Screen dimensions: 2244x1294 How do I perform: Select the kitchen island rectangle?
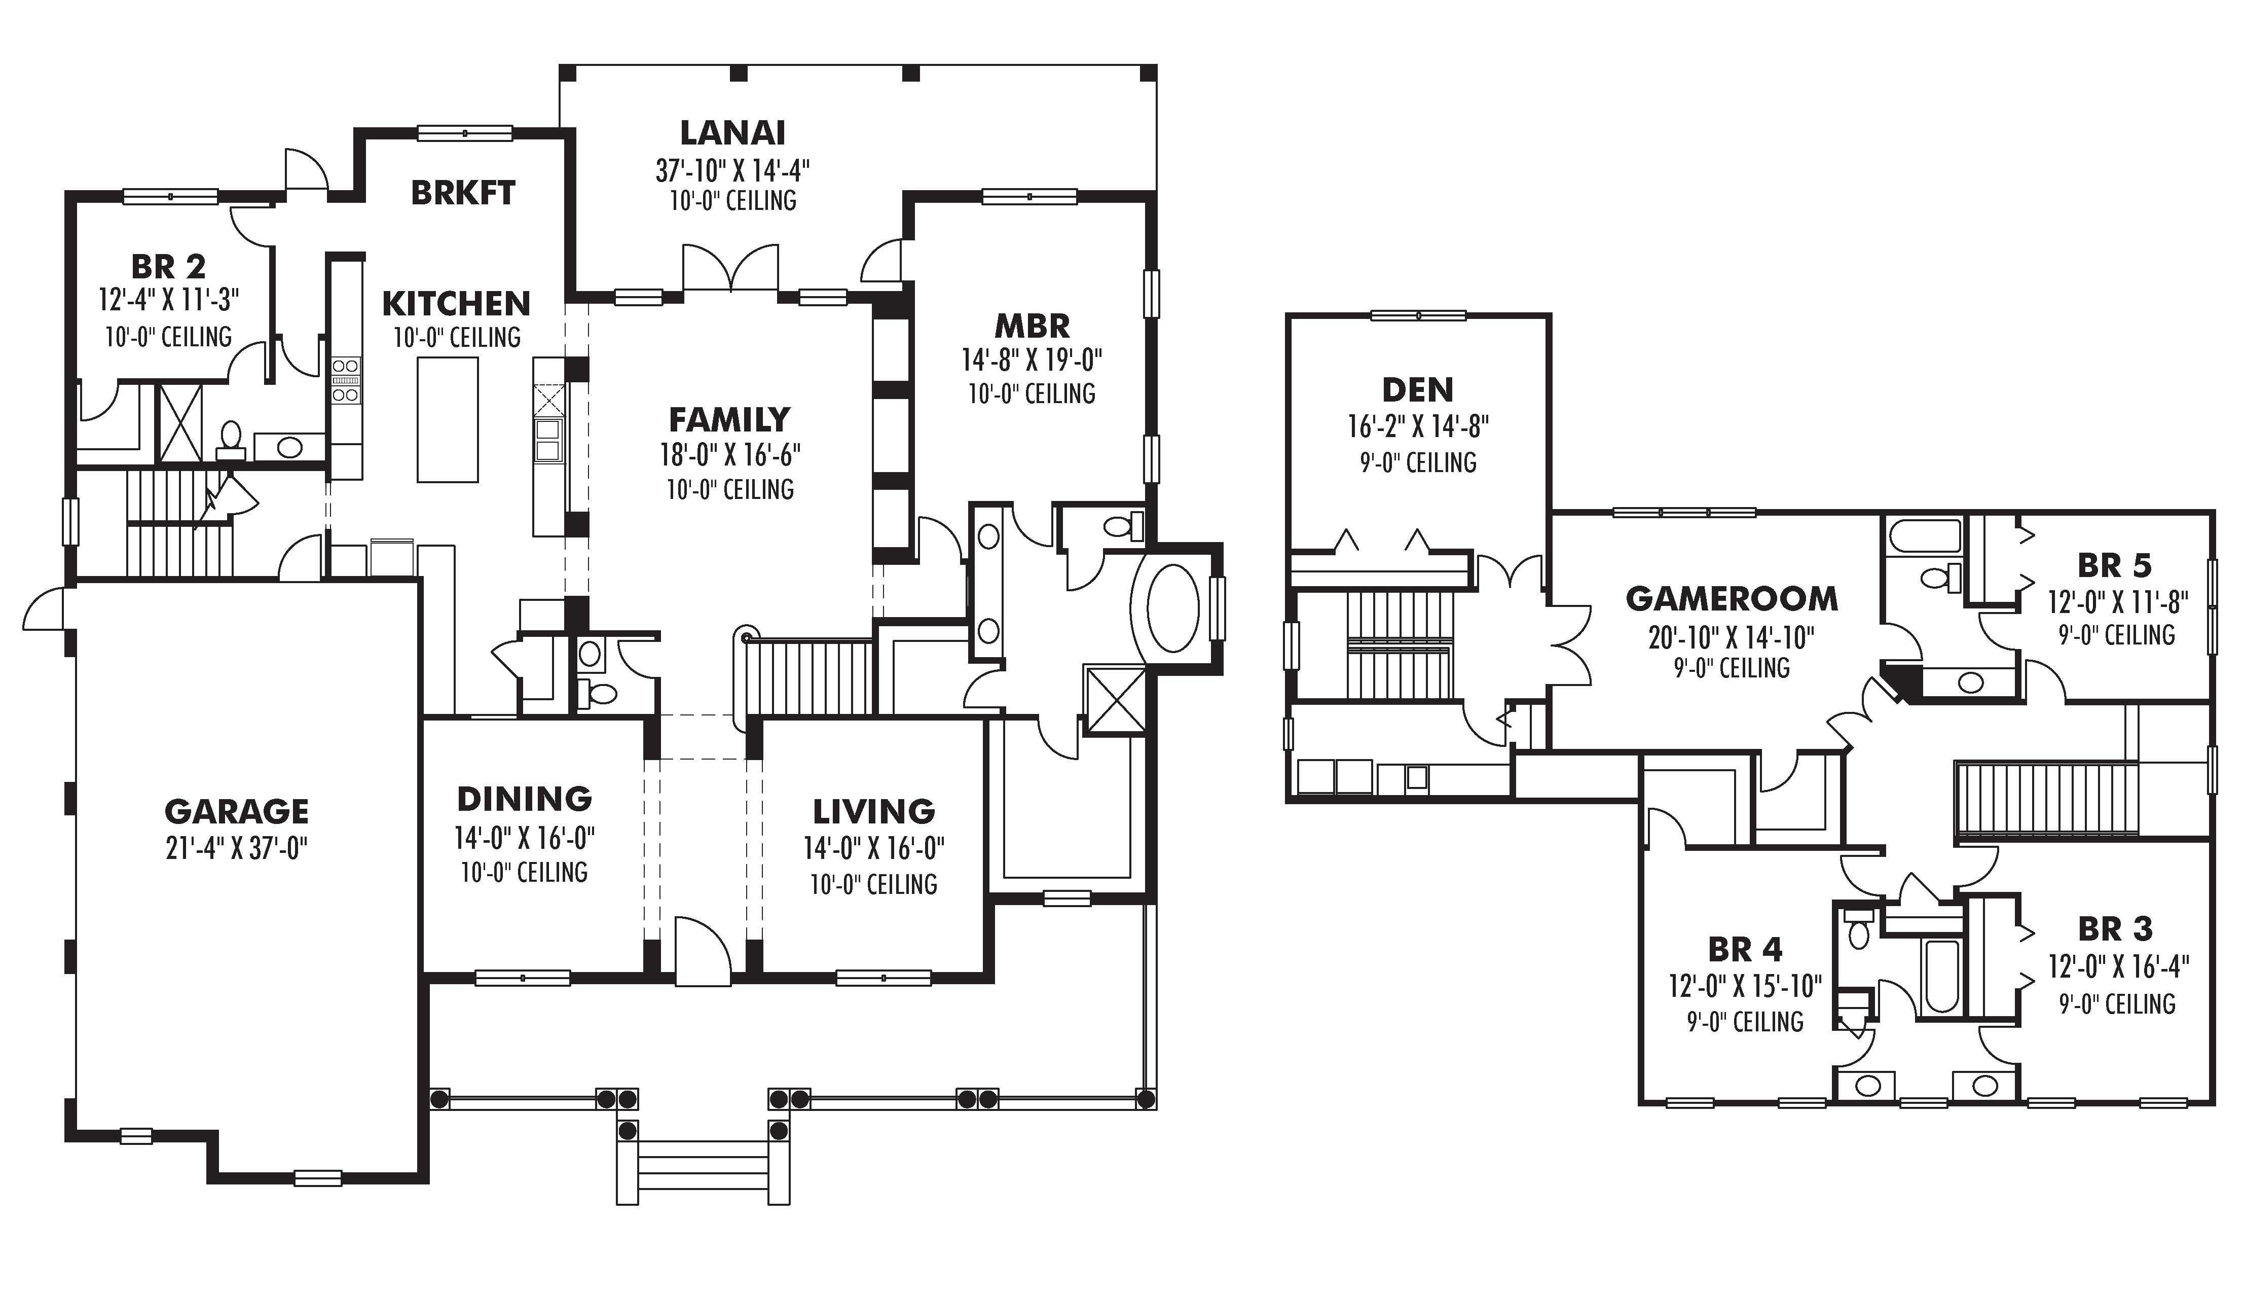coord(448,419)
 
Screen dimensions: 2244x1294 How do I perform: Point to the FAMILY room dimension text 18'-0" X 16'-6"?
coord(729,454)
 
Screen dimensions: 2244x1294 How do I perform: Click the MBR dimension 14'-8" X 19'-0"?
coord(1032,360)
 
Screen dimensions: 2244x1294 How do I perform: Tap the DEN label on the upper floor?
coord(1418,389)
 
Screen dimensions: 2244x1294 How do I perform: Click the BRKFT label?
coord(463,192)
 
